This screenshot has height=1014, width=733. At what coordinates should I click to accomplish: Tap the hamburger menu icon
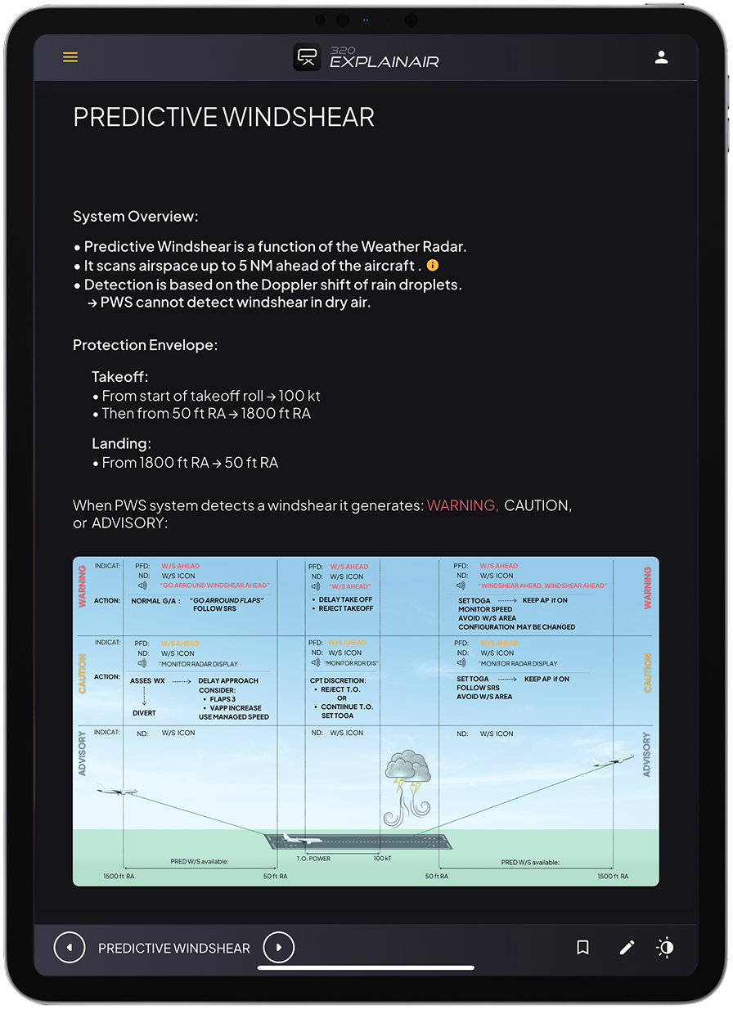click(x=70, y=57)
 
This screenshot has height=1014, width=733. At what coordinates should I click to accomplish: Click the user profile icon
click(x=662, y=57)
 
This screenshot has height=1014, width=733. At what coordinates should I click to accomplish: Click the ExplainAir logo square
click(x=308, y=57)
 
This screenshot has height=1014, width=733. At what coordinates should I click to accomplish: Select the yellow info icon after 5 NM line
click(x=433, y=266)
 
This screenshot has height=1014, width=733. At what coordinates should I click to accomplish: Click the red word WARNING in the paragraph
click(x=462, y=505)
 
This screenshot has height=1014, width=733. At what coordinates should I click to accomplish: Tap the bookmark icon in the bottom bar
click(x=582, y=948)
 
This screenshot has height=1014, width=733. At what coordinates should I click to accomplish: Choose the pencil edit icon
click(x=627, y=948)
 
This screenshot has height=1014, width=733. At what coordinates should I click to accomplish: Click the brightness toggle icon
click(x=666, y=948)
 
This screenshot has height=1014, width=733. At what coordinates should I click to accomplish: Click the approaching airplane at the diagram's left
click(x=116, y=791)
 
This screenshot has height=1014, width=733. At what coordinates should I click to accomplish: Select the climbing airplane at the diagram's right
click(x=614, y=760)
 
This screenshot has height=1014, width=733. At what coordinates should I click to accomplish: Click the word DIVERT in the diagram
click(x=144, y=712)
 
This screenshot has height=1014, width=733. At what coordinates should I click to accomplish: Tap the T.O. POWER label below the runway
click(x=313, y=859)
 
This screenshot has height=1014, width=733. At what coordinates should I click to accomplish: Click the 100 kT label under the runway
click(x=382, y=859)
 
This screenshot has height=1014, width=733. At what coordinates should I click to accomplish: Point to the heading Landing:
click(x=122, y=443)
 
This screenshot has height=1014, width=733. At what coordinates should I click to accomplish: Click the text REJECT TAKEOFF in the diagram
click(x=346, y=608)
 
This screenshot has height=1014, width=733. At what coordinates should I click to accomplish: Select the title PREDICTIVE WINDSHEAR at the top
click(x=223, y=117)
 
